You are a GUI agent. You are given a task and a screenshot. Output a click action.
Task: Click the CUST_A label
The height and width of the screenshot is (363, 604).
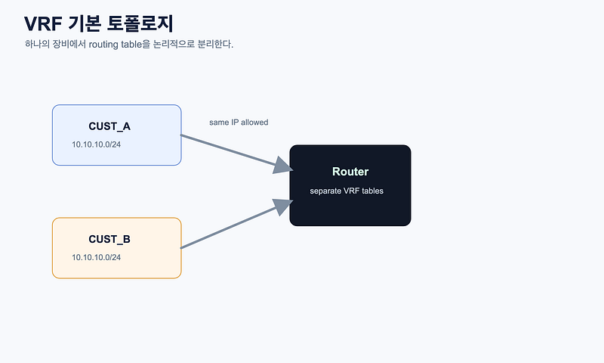tap(109, 126)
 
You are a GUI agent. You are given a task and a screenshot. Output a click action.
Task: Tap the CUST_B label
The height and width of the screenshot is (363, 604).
tap(109, 239)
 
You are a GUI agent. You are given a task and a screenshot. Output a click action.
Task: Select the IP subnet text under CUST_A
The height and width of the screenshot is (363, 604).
tap(97, 144)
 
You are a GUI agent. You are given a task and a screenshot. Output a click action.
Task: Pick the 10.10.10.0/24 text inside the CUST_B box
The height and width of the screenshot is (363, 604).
tap(97, 257)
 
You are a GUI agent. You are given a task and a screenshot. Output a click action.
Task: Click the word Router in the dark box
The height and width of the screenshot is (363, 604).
tap(350, 171)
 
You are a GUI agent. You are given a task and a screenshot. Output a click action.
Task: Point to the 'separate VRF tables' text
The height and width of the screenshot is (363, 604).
tap(347, 191)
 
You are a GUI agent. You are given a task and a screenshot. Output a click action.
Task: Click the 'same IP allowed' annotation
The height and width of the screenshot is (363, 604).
tap(239, 123)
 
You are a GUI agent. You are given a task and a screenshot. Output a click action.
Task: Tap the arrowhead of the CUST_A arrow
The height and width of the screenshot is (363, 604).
tap(284, 166)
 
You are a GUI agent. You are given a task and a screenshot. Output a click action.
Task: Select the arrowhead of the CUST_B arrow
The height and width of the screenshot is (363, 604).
tap(284, 206)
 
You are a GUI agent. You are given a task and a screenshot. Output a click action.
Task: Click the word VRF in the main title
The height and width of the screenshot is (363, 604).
tap(43, 24)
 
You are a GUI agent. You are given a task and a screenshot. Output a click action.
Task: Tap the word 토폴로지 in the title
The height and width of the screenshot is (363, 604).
tap(140, 23)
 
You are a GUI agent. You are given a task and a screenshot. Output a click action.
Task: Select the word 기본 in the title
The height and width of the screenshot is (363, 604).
tap(85, 23)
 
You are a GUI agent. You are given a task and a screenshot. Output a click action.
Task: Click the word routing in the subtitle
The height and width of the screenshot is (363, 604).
tap(103, 45)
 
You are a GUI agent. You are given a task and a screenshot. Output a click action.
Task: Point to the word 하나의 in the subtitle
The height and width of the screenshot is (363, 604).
tap(37, 44)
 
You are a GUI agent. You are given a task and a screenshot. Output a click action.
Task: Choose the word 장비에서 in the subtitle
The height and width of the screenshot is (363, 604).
tap(69, 44)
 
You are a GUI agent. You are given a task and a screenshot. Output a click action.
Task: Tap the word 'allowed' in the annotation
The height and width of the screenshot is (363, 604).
tap(254, 123)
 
